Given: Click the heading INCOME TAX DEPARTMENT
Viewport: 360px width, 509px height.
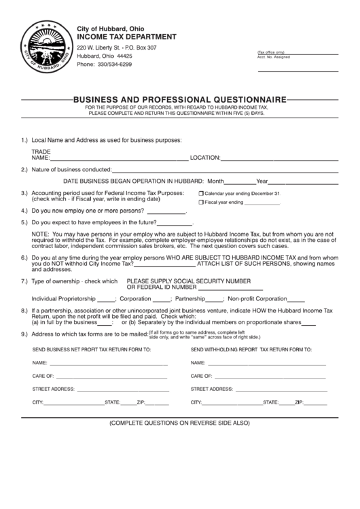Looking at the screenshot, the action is [x=127, y=36].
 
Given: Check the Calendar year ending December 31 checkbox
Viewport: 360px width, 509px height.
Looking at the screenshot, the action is [x=201, y=194].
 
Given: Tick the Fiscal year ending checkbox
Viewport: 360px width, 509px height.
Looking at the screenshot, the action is [x=201, y=203].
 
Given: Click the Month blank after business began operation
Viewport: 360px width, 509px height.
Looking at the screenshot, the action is [x=240, y=183].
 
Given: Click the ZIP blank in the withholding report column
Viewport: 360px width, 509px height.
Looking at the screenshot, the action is [x=310, y=404].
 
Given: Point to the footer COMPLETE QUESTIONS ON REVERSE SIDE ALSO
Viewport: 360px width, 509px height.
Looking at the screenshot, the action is [x=180, y=423].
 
